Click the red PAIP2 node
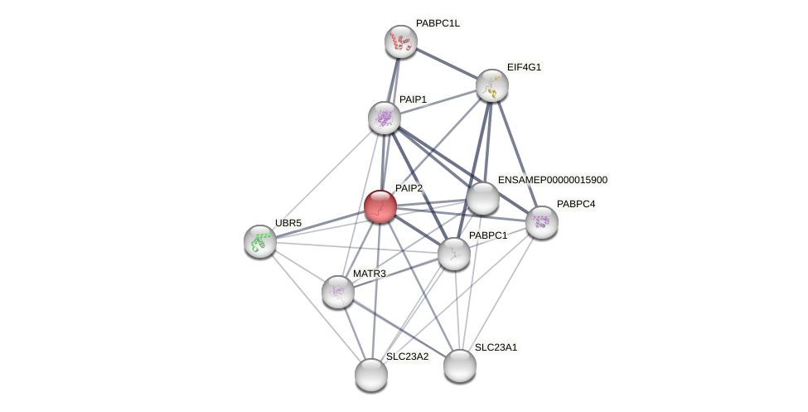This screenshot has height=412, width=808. (x=380, y=206)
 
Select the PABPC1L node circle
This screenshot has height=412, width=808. (x=401, y=41)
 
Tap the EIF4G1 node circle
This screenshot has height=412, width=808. (x=492, y=85)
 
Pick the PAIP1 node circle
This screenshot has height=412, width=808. (x=385, y=118)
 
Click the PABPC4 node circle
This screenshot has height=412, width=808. (x=542, y=222)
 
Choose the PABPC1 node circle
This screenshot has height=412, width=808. (x=454, y=254)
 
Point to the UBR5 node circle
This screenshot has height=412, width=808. (x=260, y=241)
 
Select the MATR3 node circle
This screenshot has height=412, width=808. (x=338, y=292)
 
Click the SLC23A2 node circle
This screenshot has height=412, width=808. (x=371, y=375)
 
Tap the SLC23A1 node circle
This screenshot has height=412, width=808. (x=460, y=366)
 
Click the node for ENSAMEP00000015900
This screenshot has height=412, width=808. (x=483, y=198)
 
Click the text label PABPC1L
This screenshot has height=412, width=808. (x=438, y=23)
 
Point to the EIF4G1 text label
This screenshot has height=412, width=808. (x=524, y=67)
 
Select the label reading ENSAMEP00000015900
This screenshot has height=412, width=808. (x=552, y=180)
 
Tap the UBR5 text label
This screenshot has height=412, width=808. (x=288, y=223)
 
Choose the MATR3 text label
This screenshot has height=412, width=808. (x=369, y=274)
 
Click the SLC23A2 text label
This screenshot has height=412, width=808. (x=407, y=356)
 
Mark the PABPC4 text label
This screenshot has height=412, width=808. (x=575, y=204)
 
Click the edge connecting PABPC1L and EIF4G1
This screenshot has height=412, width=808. (x=447, y=63)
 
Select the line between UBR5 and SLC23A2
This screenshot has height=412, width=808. (x=315, y=308)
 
